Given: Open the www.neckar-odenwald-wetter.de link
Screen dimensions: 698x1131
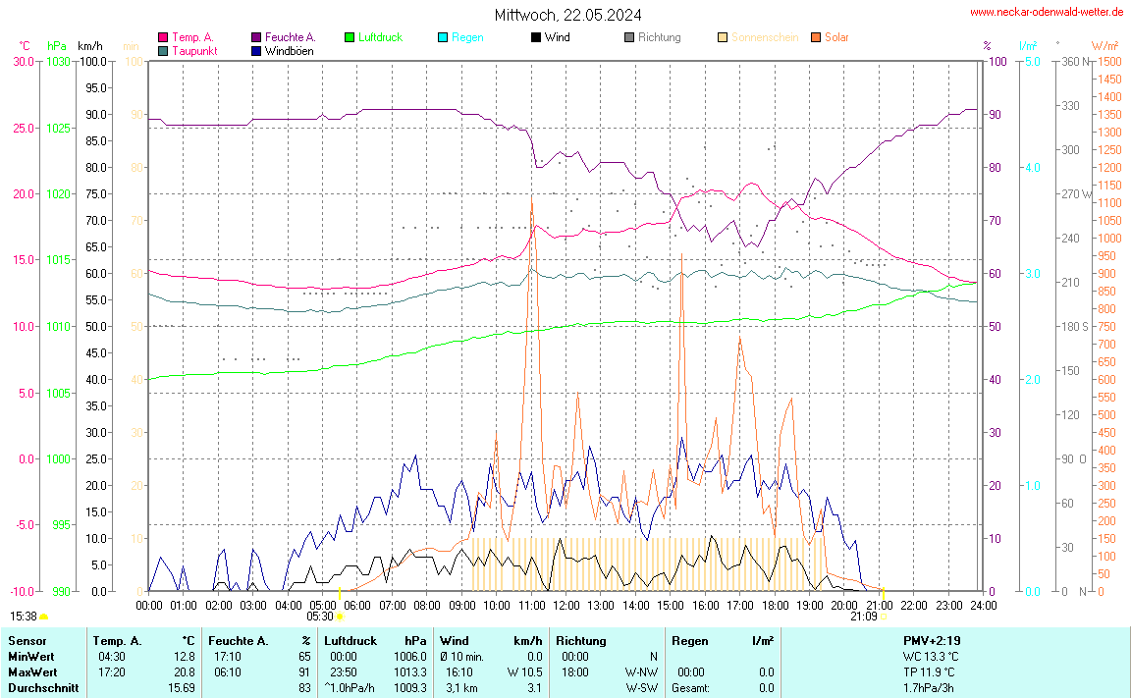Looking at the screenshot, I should click(1047, 12).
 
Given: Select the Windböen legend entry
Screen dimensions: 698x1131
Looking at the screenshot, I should click(290, 50).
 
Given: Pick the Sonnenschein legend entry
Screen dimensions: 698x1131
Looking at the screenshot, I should click(765, 37).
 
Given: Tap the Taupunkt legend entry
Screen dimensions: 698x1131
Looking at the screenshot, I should click(194, 50).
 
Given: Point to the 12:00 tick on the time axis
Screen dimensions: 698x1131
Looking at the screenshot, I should click(565, 605).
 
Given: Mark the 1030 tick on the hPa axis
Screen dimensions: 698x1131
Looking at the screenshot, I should click(59, 62).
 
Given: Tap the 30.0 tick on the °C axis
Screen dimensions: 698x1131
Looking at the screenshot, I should click(23, 62).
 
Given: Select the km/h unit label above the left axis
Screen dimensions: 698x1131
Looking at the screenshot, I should click(89, 46).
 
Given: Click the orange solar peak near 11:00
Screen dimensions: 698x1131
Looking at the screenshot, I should click(531, 204).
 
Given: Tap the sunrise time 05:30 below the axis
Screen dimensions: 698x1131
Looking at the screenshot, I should click(320, 617).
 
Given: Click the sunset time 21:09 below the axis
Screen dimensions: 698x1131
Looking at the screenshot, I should click(864, 617).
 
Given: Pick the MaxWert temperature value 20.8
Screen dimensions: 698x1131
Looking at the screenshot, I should click(184, 672).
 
